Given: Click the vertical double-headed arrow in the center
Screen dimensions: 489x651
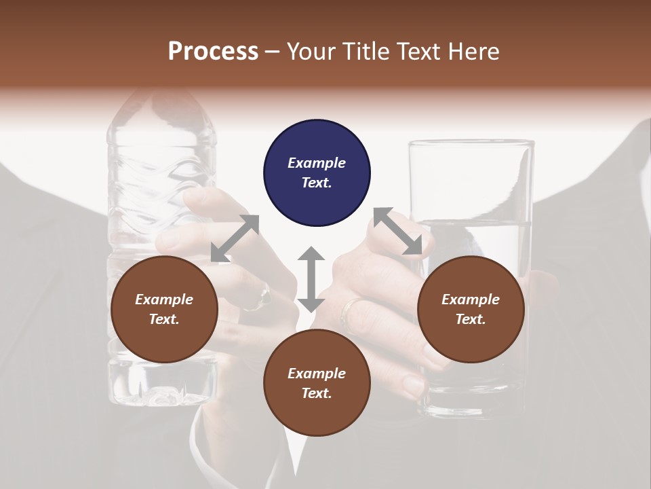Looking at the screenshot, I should point(311,279).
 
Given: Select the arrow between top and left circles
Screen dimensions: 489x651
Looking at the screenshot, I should point(235,238).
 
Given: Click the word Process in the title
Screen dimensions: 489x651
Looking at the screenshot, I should point(213,51).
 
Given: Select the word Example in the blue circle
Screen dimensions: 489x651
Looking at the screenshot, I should point(317,163).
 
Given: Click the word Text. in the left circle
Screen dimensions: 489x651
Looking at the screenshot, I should point(164,319).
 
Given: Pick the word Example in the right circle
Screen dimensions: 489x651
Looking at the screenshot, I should point(471,300).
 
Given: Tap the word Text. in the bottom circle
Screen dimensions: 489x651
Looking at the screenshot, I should point(317,393).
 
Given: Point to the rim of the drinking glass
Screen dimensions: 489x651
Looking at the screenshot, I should point(471,143).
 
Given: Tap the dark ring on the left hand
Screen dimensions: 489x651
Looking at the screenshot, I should point(264,295).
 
